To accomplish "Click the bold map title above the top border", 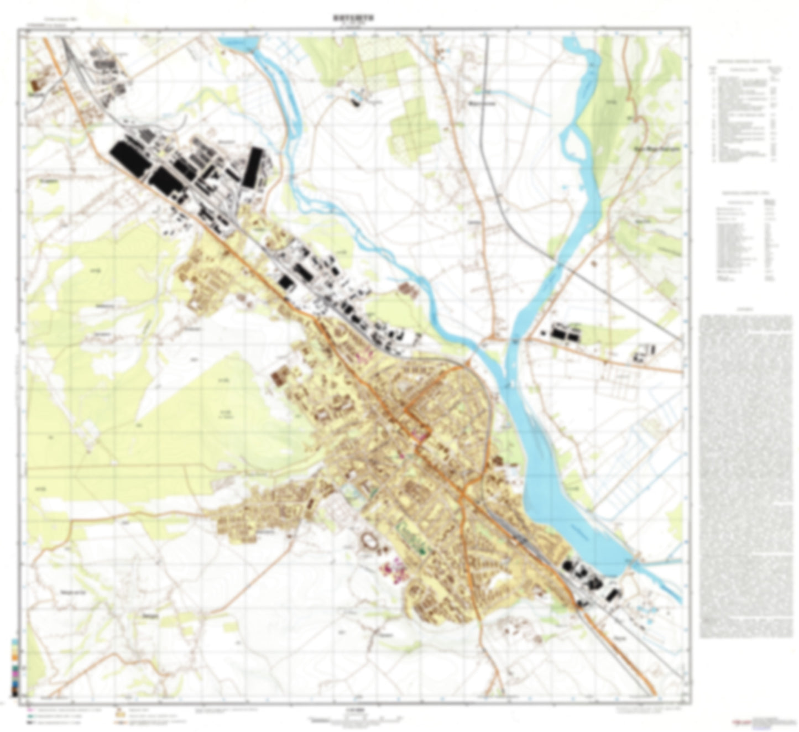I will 347,18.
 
